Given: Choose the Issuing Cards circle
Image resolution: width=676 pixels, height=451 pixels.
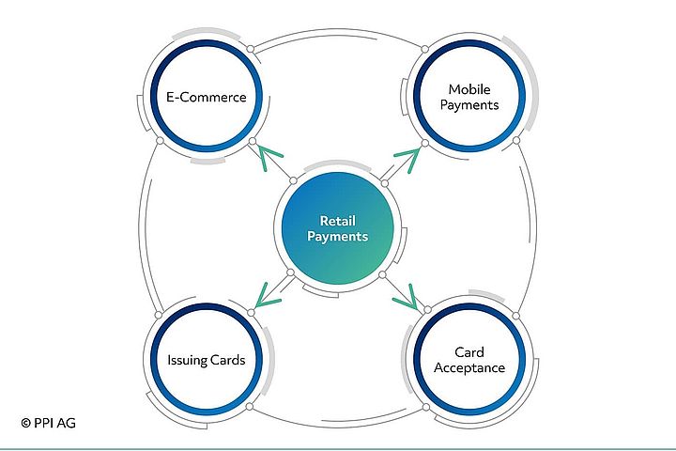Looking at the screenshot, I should click(x=207, y=360).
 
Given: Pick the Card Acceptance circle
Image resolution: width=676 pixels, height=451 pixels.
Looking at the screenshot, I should click(x=469, y=360).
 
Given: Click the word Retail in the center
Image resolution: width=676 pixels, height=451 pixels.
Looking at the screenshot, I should click(x=337, y=220).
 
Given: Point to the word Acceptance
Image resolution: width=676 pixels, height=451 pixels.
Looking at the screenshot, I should click(x=469, y=367).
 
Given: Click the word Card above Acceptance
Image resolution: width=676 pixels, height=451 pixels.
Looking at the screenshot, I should click(x=469, y=352).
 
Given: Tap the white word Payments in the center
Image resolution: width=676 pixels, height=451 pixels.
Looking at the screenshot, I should click(x=337, y=237).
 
